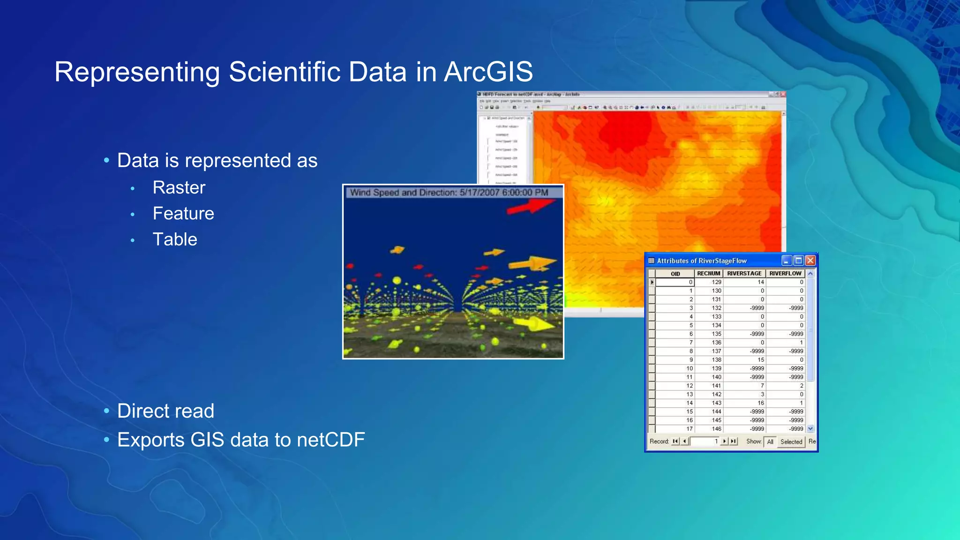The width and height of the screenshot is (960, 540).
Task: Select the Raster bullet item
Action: (179, 187)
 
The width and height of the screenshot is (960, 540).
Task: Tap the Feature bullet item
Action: (183, 213)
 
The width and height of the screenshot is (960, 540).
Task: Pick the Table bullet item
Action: (174, 240)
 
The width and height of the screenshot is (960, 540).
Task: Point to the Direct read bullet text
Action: (165, 411)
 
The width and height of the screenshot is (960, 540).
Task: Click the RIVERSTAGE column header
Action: (744, 273)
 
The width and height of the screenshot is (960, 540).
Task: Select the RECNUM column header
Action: (708, 273)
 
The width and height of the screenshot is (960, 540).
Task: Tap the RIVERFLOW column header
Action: (785, 273)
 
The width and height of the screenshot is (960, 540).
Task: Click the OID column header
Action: (675, 274)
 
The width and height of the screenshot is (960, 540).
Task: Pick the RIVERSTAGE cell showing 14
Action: (760, 282)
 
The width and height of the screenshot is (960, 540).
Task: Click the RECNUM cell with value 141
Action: (716, 386)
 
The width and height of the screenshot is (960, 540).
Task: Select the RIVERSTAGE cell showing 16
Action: (760, 403)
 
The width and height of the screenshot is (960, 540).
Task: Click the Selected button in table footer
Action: (791, 442)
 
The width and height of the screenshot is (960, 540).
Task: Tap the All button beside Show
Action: (770, 442)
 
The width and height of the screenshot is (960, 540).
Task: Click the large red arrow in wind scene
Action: (531, 207)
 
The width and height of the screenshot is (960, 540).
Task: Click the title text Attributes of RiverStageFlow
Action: (701, 261)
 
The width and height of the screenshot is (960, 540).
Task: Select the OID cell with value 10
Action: (689, 368)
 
